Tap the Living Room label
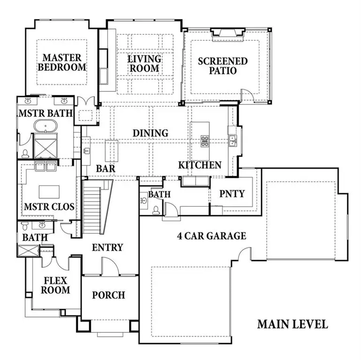coord(144,64)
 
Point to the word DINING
coord(150,133)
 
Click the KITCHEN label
coord(200,165)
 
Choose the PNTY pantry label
coord(232,193)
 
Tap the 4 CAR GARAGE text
coord(211,236)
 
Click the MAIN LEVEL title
coord(293,324)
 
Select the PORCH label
coord(108,295)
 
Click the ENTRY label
coord(107,247)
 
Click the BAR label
coord(106,168)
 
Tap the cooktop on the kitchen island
coord(205,141)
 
